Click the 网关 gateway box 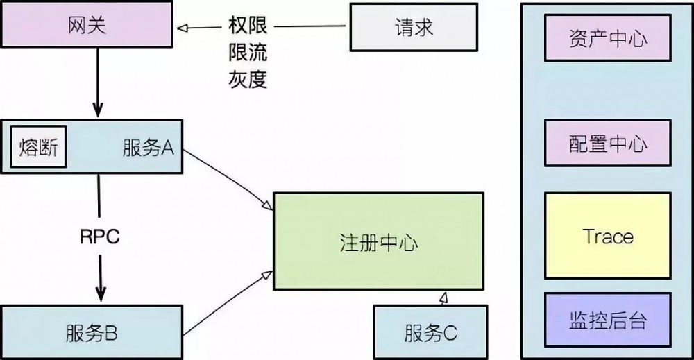point(90,28)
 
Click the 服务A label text point(148,148)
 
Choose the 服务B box point(91,333)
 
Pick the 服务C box point(430,333)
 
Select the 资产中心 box point(608,37)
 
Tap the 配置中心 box point(608,143)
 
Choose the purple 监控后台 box point(608,320)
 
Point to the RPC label point(99,236)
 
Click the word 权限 point(248,28)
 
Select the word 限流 point(248,53)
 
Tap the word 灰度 point(248,79)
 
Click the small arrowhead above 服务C point(443,298)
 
